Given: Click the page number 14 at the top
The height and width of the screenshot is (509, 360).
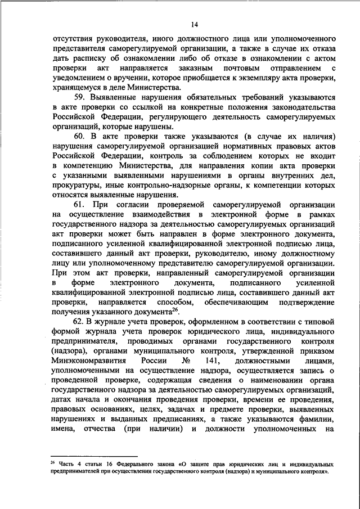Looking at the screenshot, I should point(195,24).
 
